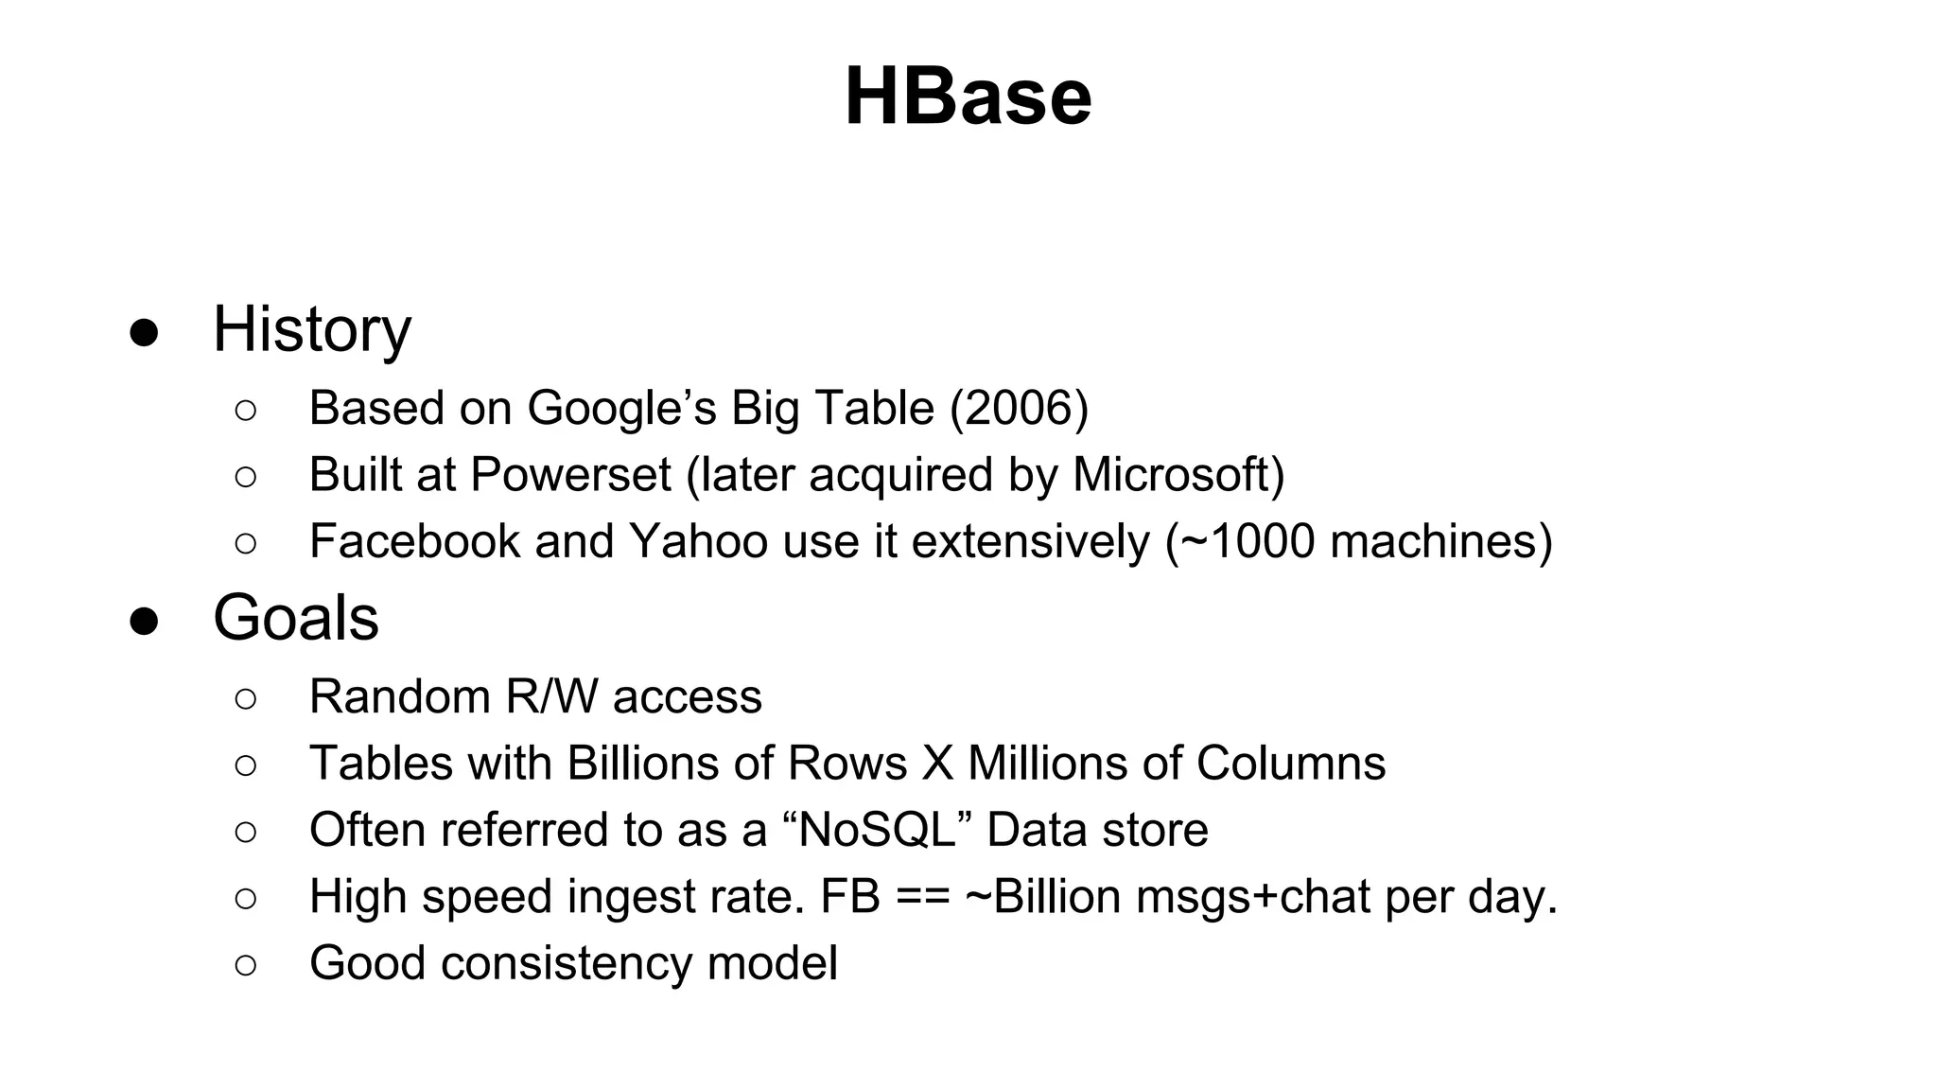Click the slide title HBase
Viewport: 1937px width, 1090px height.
(968, 97)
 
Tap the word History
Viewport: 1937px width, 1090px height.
(312, 329)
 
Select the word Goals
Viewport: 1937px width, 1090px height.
(296, 618)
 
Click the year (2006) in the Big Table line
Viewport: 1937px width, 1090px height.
(1019, 409)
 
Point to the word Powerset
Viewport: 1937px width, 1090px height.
(570, 475)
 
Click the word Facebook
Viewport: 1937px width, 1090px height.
(415, 541)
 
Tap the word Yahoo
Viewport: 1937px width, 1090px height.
(699, 541)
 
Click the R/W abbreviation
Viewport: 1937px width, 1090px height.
(551, 697)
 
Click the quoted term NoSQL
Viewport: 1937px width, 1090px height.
(878, 830)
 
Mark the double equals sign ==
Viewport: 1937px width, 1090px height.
(923, 897)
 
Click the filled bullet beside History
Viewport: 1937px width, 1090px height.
(144, 333)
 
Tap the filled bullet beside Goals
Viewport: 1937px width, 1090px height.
(144, 622)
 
